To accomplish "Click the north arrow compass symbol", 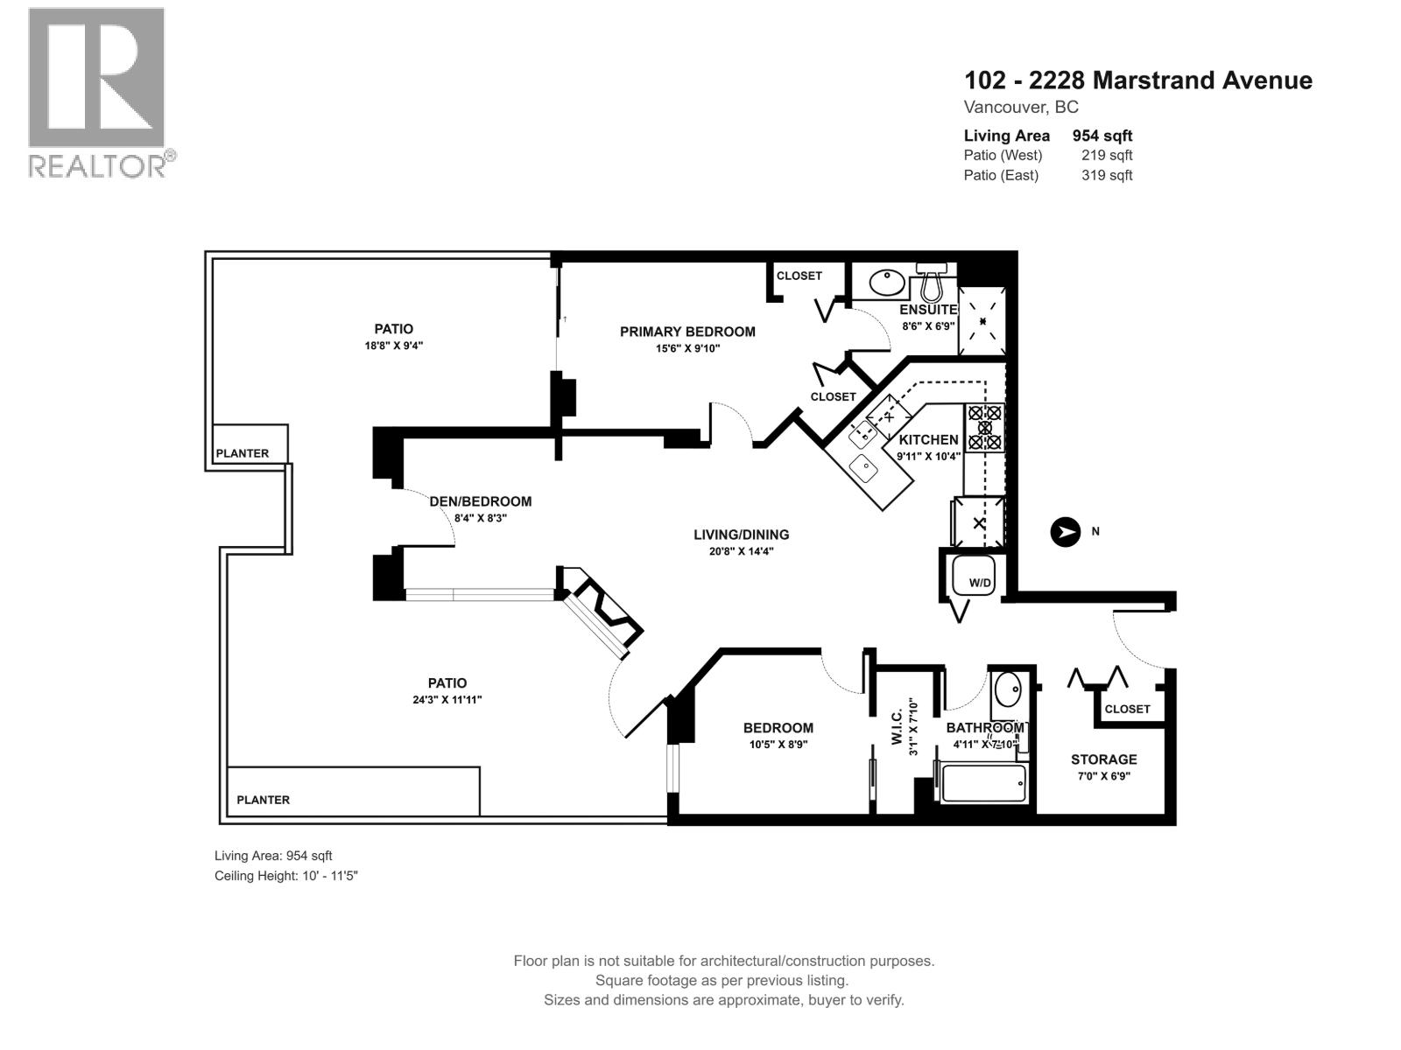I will [x=1066, y=531].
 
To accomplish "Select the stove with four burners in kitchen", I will [x=985, y=427].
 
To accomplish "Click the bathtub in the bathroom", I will [x=982, y=783].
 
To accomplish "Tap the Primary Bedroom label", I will [x=687, y=332].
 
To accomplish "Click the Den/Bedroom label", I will [x=480, y=501].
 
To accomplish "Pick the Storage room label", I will [x=1103, y=759].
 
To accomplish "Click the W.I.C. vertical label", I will [x=897, y=726].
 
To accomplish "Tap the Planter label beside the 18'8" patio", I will [x=243, y=453].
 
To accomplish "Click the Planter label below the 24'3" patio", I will [x=264, y=800].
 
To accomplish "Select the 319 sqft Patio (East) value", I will [x=1107, y=175].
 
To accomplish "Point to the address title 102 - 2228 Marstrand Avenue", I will [x=1137, y=80].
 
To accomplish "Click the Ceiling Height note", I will [x=286, y=875].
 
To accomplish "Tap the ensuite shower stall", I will [x=982, y=321].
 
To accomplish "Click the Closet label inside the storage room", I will [x=1127, y=709].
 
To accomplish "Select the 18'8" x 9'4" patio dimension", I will [x=393, y=346].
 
